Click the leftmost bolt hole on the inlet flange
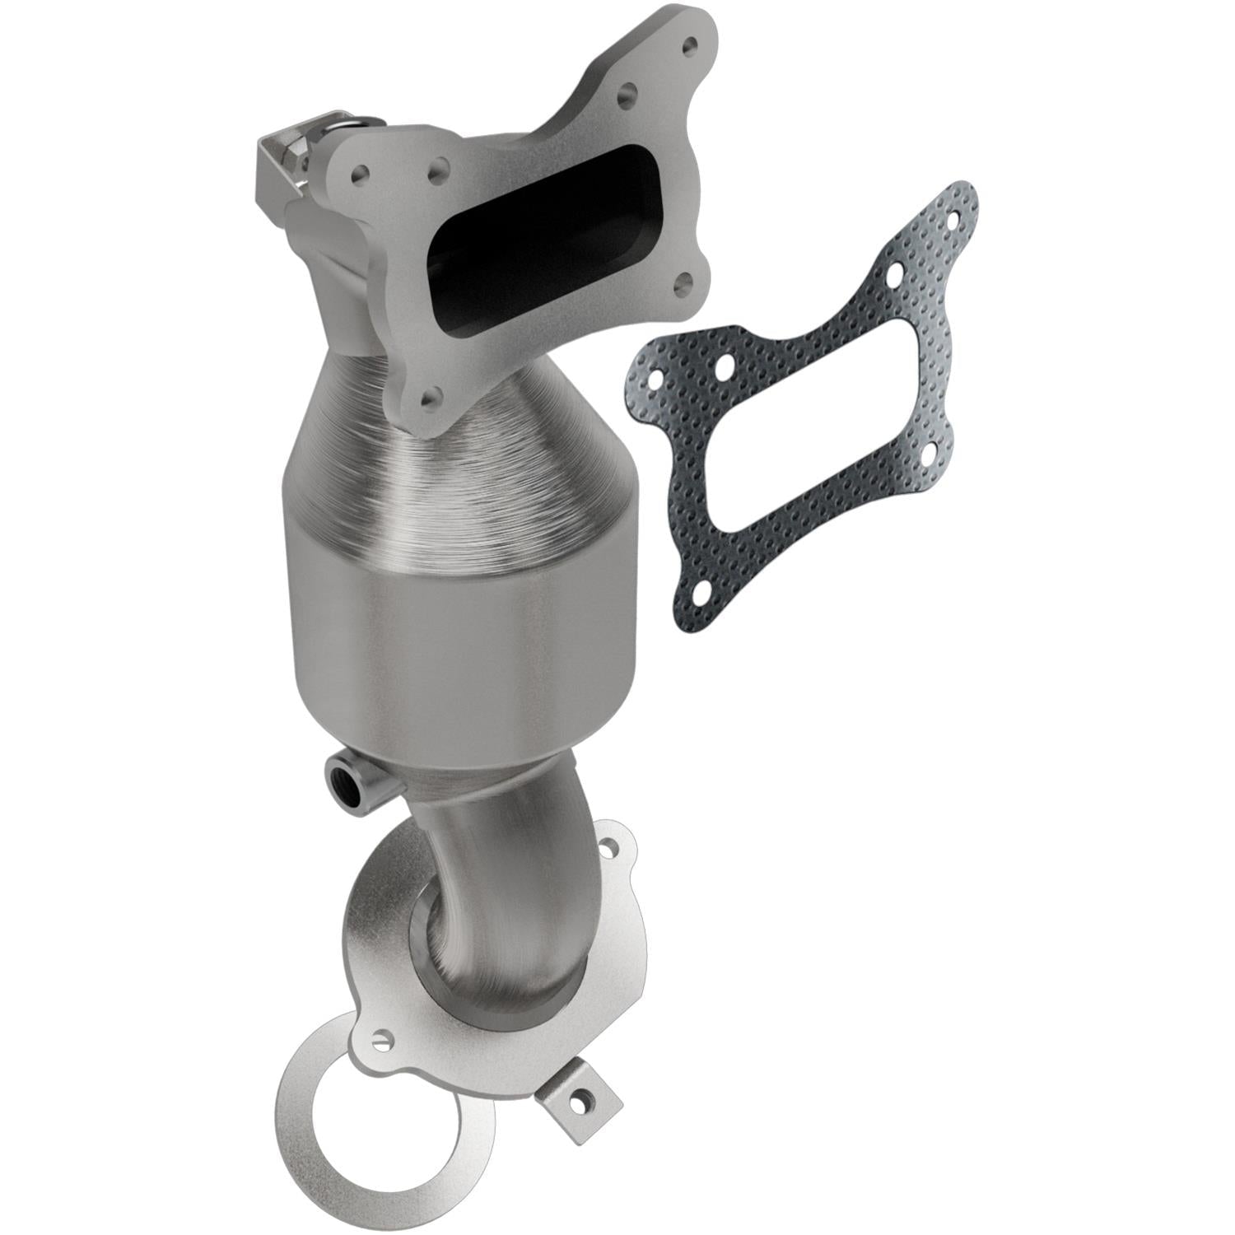tap(359, 173)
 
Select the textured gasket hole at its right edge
tap(931, 452)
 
